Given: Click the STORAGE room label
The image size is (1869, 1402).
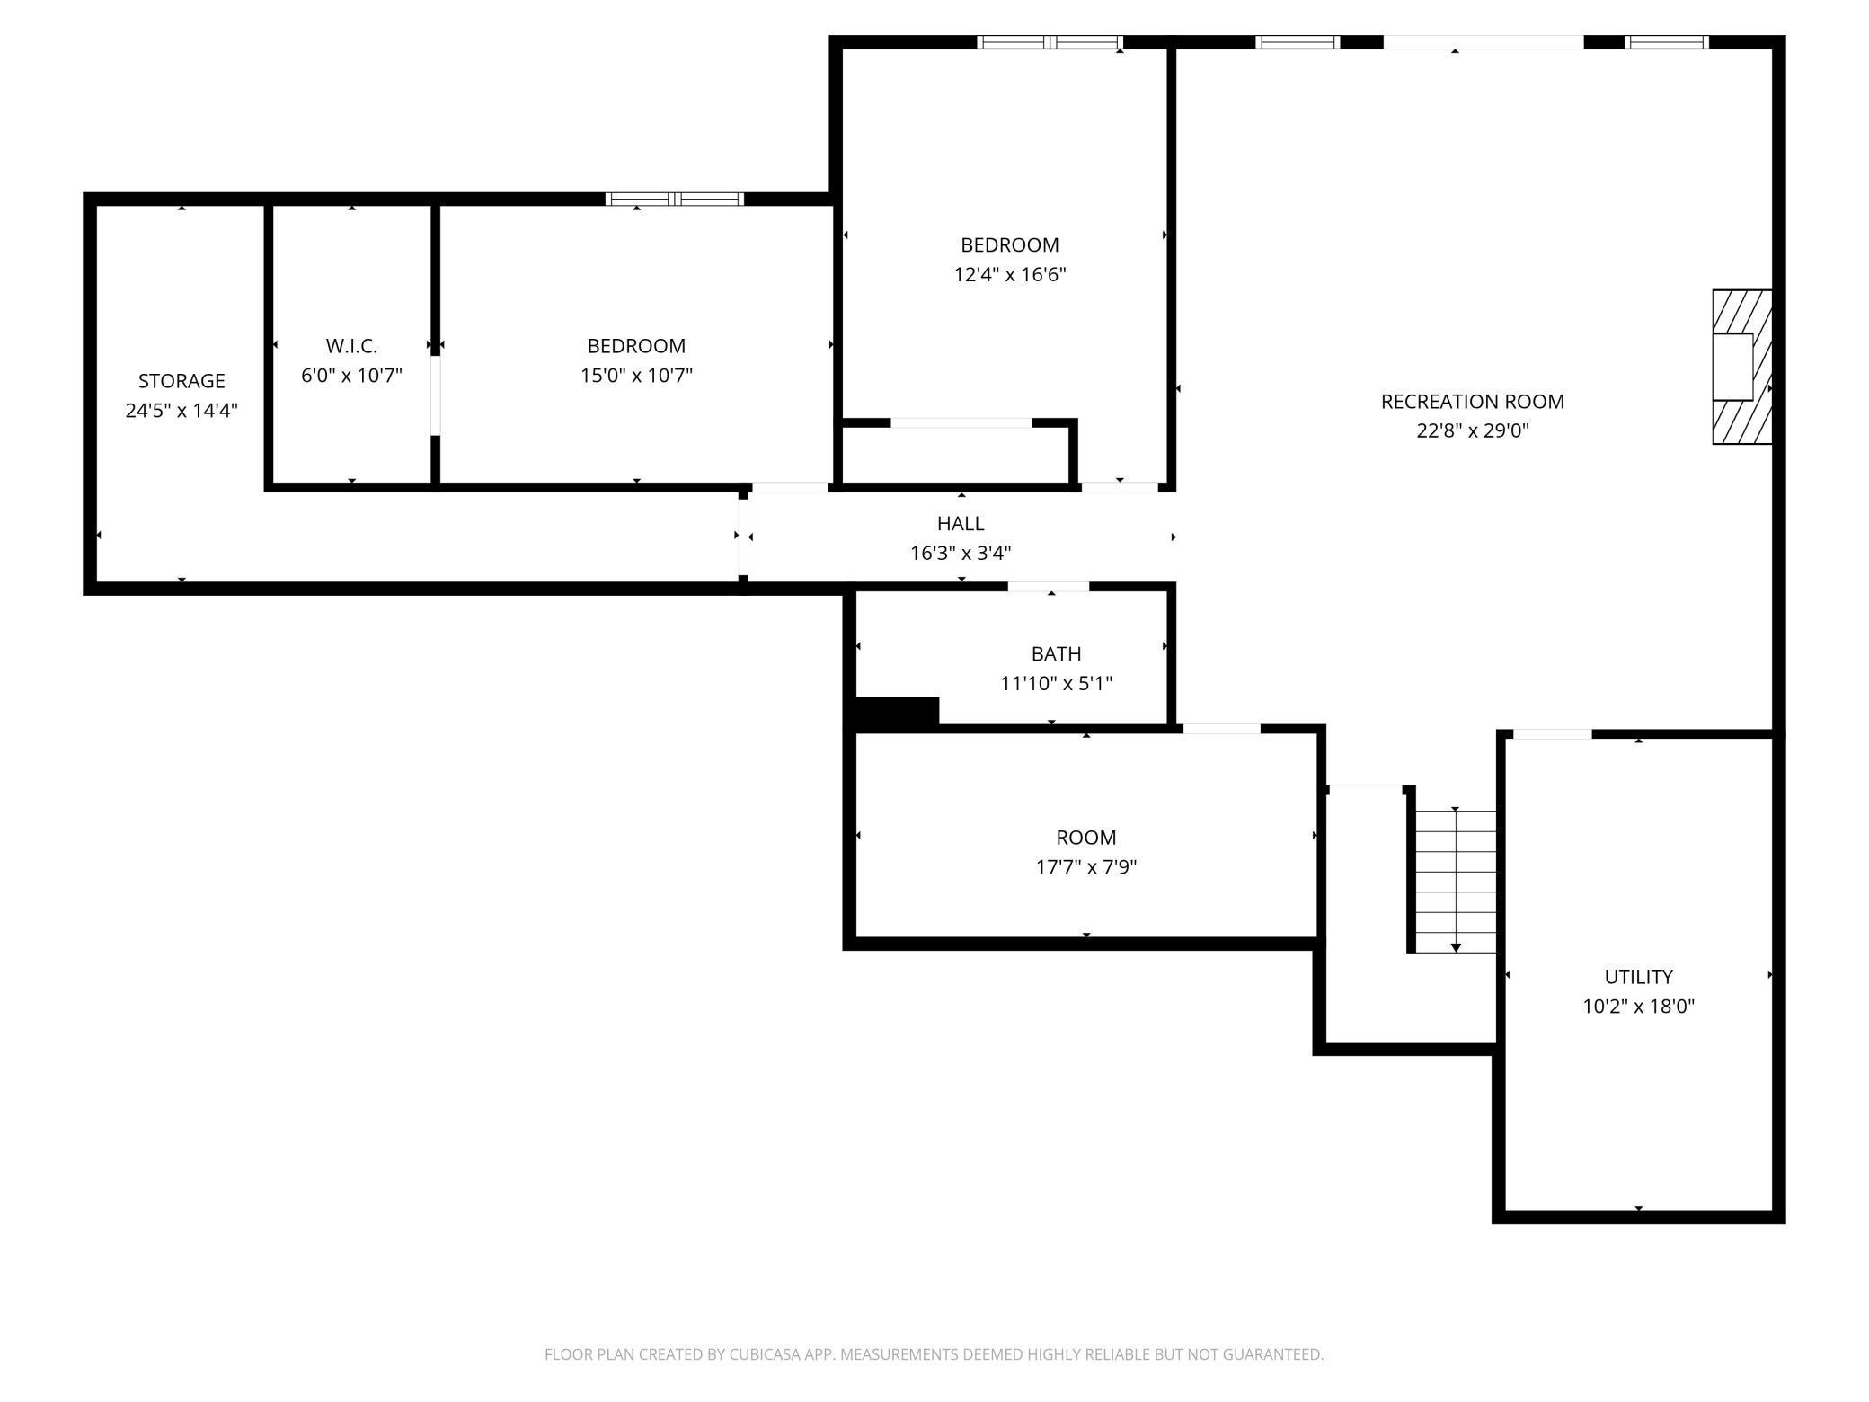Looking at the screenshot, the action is [182, 381].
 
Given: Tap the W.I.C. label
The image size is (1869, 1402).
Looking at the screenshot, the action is [351, 346].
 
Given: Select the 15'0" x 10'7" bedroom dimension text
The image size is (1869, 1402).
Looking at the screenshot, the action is [636, 376].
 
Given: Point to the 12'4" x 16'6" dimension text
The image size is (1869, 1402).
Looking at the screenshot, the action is [1010, 275].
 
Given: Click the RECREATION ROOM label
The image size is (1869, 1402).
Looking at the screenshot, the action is [1473, 402].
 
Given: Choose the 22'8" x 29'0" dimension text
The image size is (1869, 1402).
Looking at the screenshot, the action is [1473, 431].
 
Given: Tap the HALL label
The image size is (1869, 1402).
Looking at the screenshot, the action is [961, 524].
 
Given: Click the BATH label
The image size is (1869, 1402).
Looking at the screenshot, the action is [1057, 654].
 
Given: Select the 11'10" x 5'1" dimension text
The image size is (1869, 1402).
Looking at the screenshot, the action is [1057, 684].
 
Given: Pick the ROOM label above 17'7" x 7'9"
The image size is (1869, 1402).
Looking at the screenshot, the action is [1086, 839].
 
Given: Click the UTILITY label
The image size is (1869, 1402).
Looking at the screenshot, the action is [1639, 977].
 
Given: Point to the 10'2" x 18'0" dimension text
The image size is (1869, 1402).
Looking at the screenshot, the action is [1639, 1007].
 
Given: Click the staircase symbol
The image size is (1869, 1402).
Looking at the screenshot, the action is [1456, 881].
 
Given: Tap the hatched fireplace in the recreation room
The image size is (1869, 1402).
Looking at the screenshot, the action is [1741, 367].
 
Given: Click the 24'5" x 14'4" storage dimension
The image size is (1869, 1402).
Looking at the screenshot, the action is [182, 411].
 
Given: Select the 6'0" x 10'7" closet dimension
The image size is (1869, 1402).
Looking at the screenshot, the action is [351, 376].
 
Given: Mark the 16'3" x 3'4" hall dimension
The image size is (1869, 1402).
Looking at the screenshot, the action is [961, 554].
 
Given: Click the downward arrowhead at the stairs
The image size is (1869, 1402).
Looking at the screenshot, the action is [1456, 948].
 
